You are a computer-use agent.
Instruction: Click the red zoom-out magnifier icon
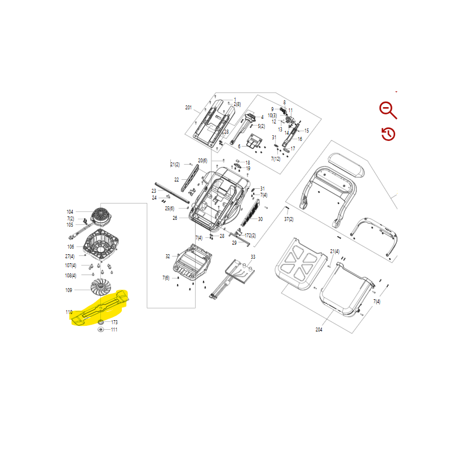point(388,110)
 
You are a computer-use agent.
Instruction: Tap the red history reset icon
point(388,134)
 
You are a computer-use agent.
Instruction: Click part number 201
point(188,108)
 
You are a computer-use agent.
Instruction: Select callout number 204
point(319,329)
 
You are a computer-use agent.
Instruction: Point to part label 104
point(70,212)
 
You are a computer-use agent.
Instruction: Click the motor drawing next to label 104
point(101,215)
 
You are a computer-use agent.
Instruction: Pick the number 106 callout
point(70,246)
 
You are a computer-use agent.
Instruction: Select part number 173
point(114,322)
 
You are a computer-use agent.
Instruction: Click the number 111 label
point(114,330)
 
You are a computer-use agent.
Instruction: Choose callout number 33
point(253,257)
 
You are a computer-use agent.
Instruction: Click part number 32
point(167,257)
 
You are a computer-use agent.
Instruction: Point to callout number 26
point(175,218)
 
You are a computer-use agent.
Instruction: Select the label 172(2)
point(250,236)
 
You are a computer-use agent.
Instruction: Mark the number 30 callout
point(260,219)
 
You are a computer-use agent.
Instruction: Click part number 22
point(176,180)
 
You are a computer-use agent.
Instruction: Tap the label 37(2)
point(288,219)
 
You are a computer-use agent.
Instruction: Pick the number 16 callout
point(299,139)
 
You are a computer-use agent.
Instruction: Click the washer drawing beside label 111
point(100,330)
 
